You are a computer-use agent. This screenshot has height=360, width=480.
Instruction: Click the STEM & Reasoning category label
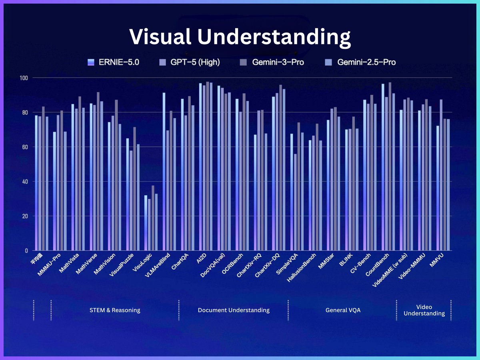115,310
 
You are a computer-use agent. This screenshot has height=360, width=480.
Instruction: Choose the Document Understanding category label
234,310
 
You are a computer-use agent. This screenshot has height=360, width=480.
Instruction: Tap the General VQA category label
343,310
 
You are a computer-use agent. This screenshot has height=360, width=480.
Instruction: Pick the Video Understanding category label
424,310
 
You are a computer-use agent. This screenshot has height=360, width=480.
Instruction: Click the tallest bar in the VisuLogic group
153,218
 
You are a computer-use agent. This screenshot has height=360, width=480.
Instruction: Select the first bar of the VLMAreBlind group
164,172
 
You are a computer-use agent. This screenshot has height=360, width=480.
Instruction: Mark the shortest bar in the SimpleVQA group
295,202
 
